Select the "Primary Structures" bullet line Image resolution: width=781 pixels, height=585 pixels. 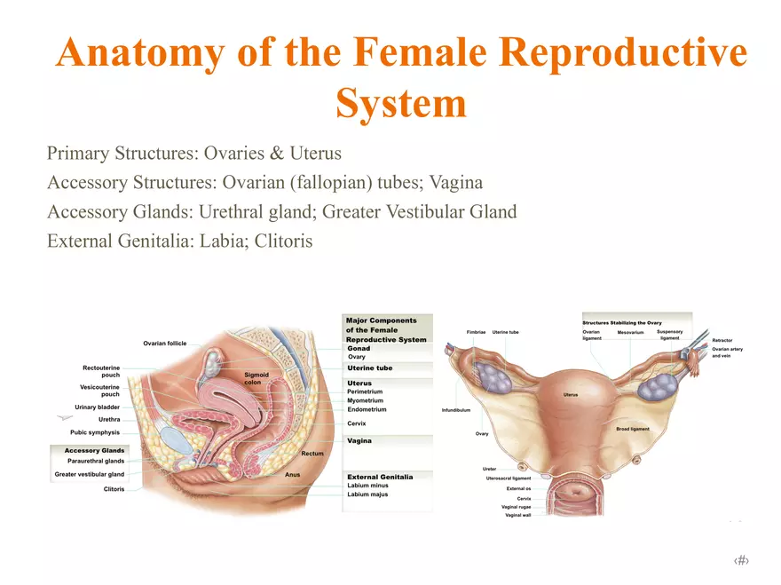click(193, 154)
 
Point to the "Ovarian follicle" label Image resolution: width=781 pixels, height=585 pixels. click(165, 344)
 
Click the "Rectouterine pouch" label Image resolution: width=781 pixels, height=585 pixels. click(101, 371)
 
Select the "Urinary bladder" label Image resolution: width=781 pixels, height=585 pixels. click(98, 407)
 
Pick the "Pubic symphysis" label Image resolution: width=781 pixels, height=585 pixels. click(95, 432)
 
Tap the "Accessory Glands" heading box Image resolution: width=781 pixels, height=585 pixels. click(95, 450)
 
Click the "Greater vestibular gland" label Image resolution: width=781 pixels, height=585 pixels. click(90, 474)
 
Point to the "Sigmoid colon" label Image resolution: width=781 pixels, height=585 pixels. click(257, 379)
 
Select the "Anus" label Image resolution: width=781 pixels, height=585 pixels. click(292, 475)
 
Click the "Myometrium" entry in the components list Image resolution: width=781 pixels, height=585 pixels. click(366, 400)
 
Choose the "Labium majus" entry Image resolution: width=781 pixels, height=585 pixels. click(368, 494)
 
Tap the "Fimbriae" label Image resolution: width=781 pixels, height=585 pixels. click(476, 332)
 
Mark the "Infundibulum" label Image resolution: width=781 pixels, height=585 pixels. click(455, 410)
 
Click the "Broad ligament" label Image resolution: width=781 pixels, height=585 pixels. click(633, 429)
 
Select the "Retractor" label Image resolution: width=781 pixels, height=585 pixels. click(722, 340)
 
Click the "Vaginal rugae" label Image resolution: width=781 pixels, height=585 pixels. click(517, 507)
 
